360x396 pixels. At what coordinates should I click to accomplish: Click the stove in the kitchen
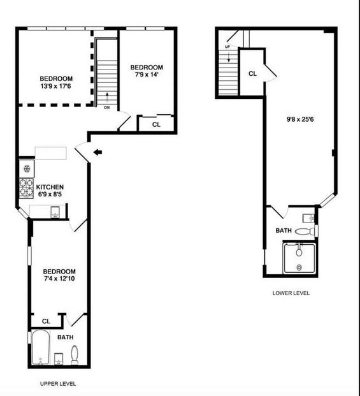[27, 188]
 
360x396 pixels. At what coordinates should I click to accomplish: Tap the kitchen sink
[55, 212]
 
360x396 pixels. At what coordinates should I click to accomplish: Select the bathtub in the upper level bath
[41, 348]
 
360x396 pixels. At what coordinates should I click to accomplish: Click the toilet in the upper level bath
[75, 355]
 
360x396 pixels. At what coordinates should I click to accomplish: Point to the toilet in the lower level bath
[305, 231]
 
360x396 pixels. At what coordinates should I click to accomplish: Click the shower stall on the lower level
[299, 258]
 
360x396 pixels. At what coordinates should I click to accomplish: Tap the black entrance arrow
[97, 152]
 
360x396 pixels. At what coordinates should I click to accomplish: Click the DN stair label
[107, 108]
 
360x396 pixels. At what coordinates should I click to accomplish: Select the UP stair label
[227, 47]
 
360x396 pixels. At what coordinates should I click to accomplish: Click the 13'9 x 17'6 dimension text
[56, 86]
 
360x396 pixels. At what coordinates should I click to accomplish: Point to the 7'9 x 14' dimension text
[147, 75]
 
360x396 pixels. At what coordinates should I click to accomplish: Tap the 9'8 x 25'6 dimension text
[300, 119]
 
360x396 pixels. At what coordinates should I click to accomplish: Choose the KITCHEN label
[50, 187]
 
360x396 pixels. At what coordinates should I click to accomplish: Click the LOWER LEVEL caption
[291, 293]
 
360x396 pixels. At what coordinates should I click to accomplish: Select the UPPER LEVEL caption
[58, 384]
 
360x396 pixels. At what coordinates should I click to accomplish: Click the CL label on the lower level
[252, 74]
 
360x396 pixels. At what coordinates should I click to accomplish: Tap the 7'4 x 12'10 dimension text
[59, 279]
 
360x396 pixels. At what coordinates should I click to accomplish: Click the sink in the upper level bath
[59, 359]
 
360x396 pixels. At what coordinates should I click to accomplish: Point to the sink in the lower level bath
[308, 218]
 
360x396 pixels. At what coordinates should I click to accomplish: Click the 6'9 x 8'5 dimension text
[50, 194]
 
